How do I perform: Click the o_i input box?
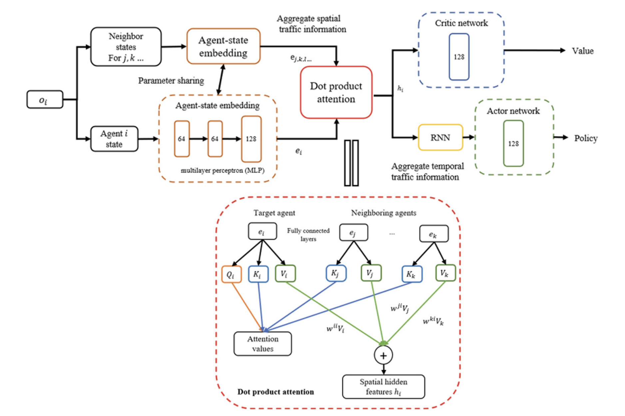(45, 99)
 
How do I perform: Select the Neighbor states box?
(126, 47)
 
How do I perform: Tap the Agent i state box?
(114, 139)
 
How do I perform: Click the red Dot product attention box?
(336, 92)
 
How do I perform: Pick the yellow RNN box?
(440, 137)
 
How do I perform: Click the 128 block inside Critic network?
(459, 57)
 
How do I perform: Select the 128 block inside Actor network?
(513, 143)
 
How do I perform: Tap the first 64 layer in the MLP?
(182, 139)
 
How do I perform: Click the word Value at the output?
(582, 51)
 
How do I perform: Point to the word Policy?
(585, 138)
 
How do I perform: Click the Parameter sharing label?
(171, 81)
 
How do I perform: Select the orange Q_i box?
(231, 274)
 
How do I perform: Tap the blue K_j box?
(335, 273)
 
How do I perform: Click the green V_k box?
(445, 273)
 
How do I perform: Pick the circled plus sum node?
(383, 355)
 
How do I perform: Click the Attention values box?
(263, 344)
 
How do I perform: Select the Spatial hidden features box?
(383, 386)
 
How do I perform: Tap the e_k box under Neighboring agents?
(433, 234)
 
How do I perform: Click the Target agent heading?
(274, 213)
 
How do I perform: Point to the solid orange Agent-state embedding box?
(223, 46)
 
